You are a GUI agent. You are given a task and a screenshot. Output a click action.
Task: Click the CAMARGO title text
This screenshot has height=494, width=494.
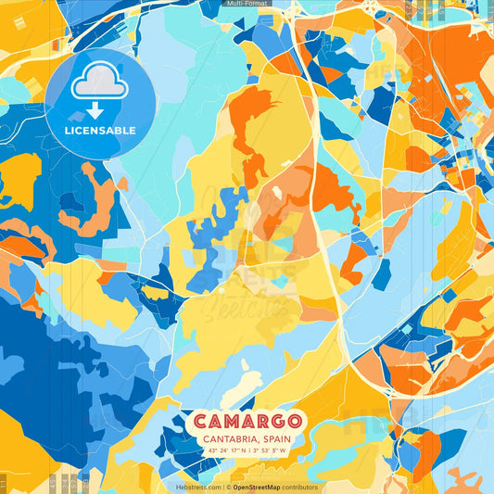247,422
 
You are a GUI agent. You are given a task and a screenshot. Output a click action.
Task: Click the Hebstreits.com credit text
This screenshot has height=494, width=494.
197,487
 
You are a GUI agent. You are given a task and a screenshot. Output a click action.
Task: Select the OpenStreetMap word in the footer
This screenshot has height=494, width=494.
258,487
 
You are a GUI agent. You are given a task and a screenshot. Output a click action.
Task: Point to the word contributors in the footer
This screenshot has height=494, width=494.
300,487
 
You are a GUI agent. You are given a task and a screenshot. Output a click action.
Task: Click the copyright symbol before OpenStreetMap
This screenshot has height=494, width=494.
229,487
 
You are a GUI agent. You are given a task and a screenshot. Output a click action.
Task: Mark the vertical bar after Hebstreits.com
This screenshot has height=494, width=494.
222,487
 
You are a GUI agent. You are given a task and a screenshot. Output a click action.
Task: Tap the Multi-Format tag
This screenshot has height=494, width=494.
247,4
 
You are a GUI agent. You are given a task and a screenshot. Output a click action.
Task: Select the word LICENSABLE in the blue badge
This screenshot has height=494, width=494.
100,131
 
